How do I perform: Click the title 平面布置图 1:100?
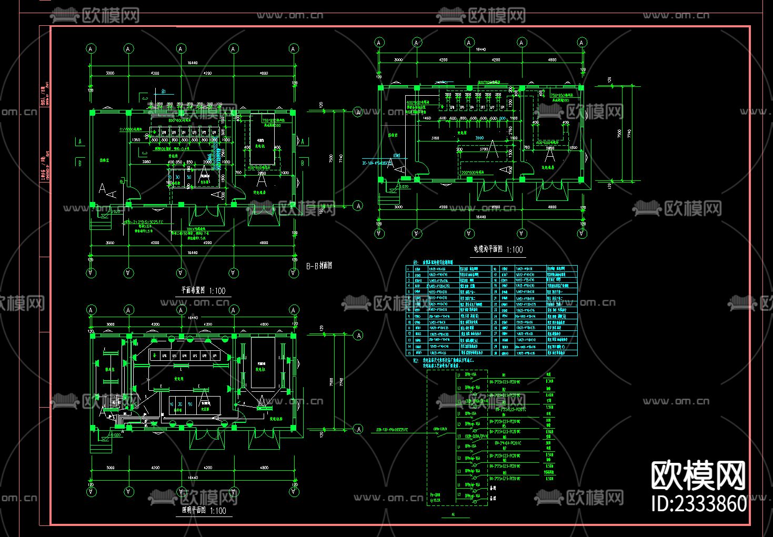coord(203,290)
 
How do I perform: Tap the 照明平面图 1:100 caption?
coord(204,510)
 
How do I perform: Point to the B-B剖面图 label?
coord(319,266)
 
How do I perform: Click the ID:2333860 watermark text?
coord(699,503)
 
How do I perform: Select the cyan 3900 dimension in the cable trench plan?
coord(479,138)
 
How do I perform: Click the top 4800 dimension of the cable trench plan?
coord(552,60)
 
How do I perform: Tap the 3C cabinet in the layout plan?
coord(178,178)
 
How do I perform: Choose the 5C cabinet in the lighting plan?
coord(190,404)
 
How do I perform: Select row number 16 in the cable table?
coord(495,269)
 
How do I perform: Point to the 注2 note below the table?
coord(415,361)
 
